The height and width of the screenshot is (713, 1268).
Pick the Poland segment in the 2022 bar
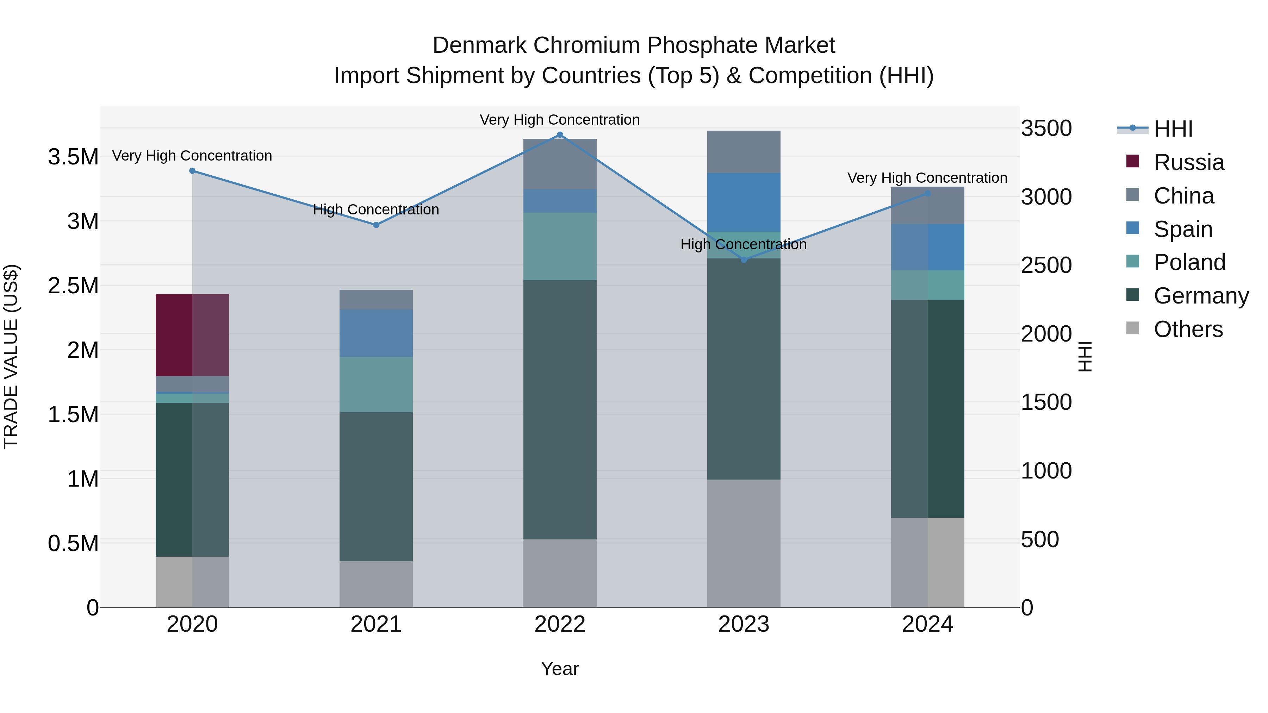tap(560, 246)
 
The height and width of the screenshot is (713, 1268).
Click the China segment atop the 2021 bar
tap(376, 299)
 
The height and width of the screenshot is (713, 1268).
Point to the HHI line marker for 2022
tap(560, 135)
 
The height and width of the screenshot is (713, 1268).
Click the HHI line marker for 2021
tap(376, 225)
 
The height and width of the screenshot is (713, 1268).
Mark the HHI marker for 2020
tap(192, 171)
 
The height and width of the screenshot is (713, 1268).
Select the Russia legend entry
tap(1188, 162)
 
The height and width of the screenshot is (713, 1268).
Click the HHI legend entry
tap(1173, 129)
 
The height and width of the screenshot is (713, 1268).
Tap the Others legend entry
tap(1187, 329)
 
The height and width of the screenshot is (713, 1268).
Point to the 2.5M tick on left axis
tap(73, 286)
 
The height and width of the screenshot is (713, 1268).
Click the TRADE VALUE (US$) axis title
tap(11, 356)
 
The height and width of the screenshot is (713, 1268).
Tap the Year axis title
tap(560, 669)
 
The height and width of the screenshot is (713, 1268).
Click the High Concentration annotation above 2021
tap(376, 209)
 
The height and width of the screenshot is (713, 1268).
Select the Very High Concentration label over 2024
tap(927, 178)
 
